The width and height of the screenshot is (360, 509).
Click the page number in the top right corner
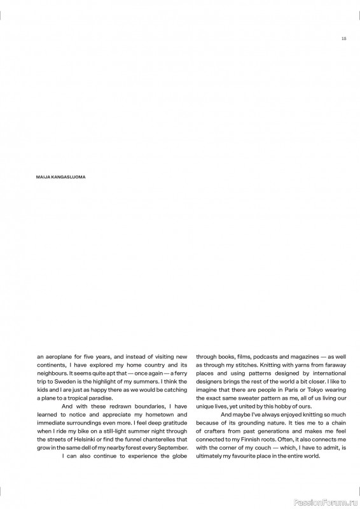tap(343, 38)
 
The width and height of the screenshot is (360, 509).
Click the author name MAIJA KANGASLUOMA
tap(61, 178)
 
